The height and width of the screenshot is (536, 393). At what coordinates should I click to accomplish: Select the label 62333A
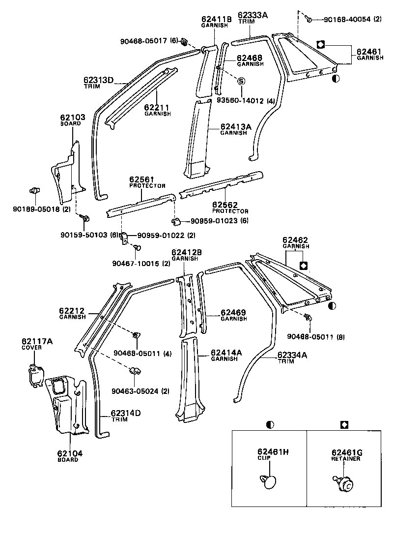[253, 15]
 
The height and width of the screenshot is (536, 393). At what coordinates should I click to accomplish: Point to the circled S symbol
[242, 81]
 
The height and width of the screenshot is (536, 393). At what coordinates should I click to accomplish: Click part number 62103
[73, 118]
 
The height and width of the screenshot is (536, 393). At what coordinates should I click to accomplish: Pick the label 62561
[142, 179]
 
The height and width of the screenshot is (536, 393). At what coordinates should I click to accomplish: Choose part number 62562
[225, 205]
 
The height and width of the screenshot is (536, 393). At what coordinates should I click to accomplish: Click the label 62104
[68, 453]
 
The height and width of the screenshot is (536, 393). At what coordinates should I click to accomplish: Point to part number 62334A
[292, 355]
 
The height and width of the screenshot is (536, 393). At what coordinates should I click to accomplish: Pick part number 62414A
[226, 353]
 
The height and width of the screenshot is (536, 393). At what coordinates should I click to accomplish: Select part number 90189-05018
[36, 208]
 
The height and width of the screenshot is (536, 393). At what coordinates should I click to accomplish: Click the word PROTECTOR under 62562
[230, 211]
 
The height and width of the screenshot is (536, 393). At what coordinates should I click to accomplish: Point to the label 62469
[233, 312]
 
